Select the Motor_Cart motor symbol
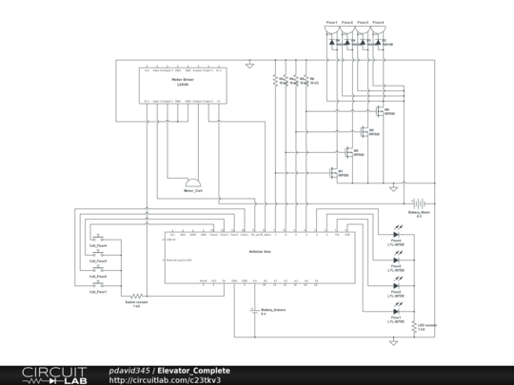193,182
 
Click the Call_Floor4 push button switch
98,235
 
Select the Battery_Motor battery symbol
417,203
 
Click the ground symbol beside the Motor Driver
248,66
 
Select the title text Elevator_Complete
193,370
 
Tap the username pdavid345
129,370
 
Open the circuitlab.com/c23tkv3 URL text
171,380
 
